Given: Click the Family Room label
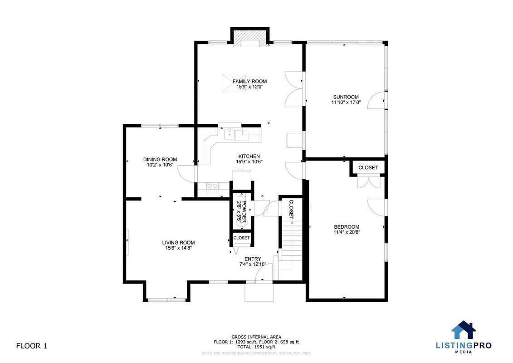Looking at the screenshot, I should (x=249, y=82).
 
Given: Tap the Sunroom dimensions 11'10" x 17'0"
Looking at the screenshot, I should (x=346, y=103).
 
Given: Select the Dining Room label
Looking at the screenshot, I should (x=160, y=159).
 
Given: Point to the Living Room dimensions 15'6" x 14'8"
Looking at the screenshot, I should (x=178, y=248).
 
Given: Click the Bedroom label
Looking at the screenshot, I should (x=347, y=227).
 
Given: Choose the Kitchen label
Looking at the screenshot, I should (x=249, y=156).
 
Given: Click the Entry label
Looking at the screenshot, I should (x=253, y=259).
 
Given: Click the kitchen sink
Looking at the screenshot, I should (x=230, y=133).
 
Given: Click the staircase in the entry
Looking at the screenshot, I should (x=291, y=240).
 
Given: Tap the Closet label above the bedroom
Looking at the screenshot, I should (x=368, y=167).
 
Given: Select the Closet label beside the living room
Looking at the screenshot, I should (x=241, y=238).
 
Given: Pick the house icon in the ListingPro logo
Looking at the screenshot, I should (x=463, y=330).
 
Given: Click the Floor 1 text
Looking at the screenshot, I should (x=32, y=346).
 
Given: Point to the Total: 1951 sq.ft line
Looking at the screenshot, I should (x=256, y=346).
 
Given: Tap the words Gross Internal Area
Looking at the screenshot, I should (x=256, y=337).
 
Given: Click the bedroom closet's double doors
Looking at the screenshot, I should (x=368, y=182).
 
